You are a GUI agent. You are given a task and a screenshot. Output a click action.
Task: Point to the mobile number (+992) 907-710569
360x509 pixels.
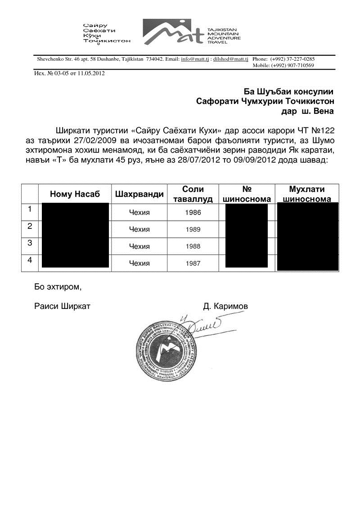[x=292, y=65]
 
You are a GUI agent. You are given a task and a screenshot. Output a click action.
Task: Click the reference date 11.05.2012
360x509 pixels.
[x=92, y=73]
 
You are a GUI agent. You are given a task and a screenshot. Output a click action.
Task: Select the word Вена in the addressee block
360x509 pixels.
[x=322, y=111]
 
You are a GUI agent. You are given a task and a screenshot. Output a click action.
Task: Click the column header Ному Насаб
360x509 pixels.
[x=75, y=194]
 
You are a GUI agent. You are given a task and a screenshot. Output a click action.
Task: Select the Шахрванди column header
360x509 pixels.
[x=139, y=194]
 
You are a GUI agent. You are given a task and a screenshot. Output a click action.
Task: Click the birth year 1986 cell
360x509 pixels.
[x=193, y=213]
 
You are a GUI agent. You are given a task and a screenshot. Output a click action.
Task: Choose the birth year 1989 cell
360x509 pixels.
[x=193, y=229]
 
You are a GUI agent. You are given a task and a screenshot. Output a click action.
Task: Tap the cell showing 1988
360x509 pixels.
[x=193, y=246]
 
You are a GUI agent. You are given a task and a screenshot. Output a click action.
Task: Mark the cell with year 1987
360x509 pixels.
[x=193, y=263]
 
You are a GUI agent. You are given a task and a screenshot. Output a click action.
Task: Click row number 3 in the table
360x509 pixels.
[x=30, y=243]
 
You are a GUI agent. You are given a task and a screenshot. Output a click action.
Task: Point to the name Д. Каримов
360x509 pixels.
[x=225, y=306]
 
